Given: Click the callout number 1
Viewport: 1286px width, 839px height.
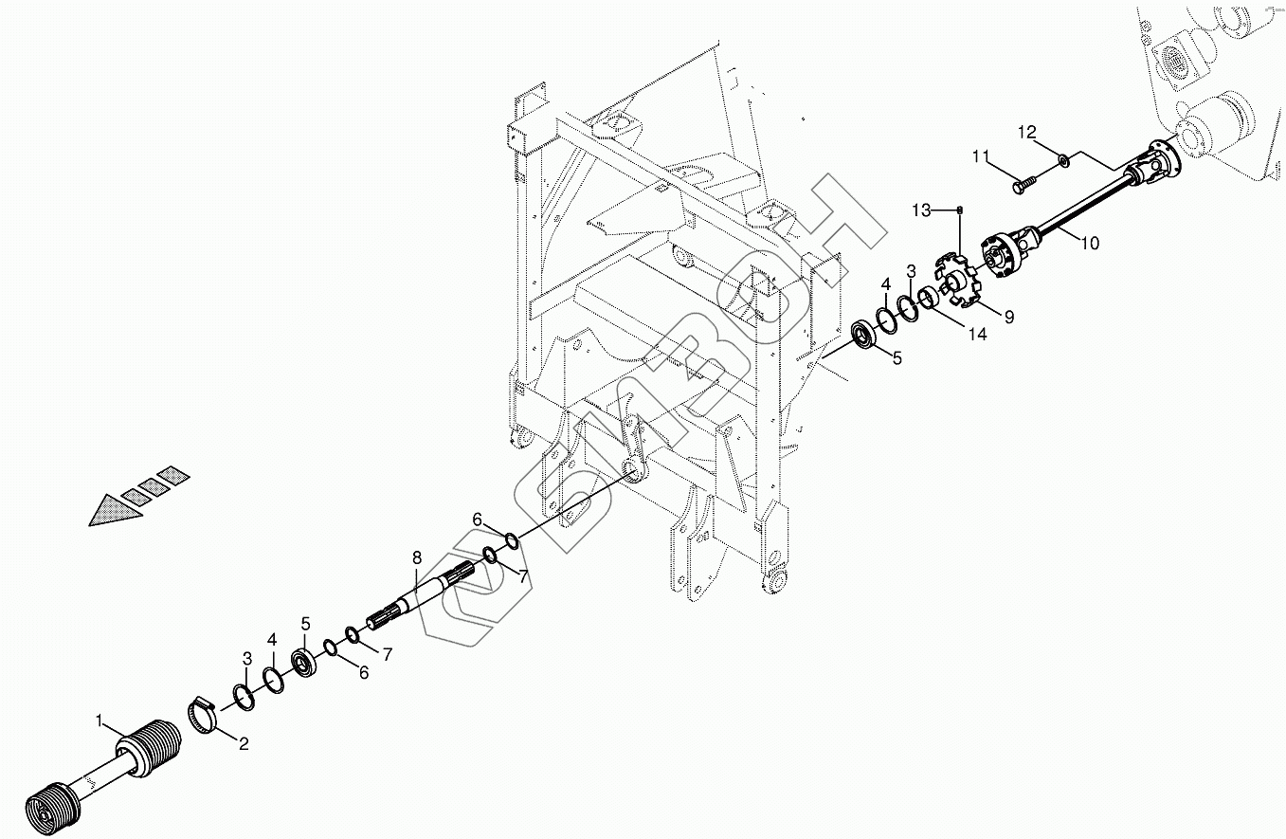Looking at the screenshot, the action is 100,720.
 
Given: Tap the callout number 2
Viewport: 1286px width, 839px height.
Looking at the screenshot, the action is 244,745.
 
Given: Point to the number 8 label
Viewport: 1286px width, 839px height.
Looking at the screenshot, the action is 415,557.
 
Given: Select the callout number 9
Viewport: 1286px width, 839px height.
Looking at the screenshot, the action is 1009,318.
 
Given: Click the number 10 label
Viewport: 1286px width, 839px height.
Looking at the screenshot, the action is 1089,244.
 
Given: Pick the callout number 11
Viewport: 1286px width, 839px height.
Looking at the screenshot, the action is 980,155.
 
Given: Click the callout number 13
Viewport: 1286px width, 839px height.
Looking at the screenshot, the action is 922,210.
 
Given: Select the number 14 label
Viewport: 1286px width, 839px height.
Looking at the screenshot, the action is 977,335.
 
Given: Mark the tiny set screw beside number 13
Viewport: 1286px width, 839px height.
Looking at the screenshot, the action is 961,210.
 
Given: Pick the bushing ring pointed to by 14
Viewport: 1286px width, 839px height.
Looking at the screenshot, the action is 930,300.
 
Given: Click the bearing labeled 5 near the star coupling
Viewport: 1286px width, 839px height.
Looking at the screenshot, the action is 865,336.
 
